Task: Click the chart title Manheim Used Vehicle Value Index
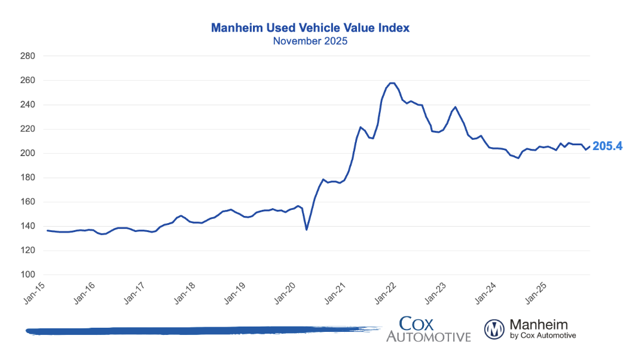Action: coord(310,28)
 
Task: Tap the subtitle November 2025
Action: coord(310,42)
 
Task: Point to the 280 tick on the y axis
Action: coord(28,56)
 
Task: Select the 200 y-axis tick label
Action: coord(28,154)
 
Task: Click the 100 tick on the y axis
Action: coord(28,275)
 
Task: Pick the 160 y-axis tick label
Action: coord(28,202)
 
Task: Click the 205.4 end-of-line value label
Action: coord(607,147)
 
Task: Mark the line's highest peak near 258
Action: coord(392,83)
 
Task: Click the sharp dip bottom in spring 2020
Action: coord(307,230)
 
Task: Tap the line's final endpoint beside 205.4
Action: coord(590,147)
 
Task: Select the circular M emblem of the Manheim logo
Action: coord(494,329)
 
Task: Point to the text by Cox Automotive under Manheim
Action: coord(543,336)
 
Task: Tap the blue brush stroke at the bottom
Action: coord(197,330)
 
